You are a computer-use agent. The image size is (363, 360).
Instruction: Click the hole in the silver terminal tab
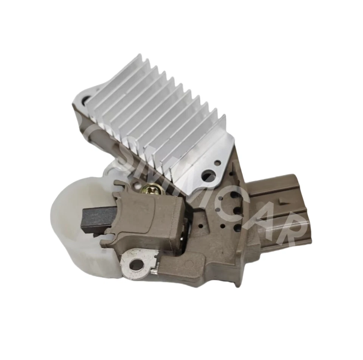click(136, 266)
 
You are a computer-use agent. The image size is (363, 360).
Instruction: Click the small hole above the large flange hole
click(217, 163)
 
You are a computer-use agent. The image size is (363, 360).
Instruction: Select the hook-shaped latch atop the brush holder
click(120, 186)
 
